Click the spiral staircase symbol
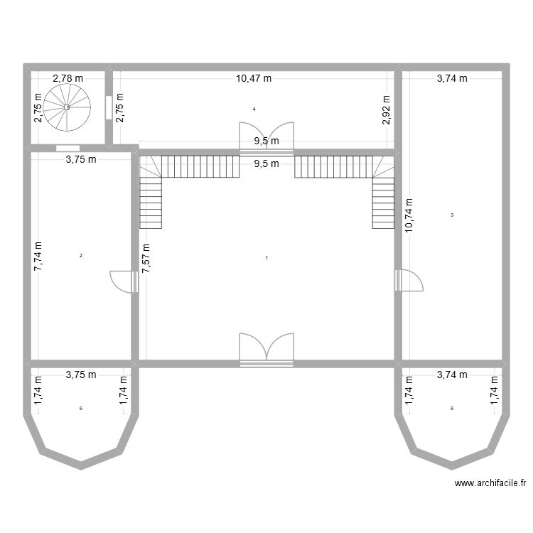coord(67,107)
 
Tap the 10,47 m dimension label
coord(254,79)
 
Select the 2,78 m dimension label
coord(68,79)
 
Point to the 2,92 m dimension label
coord(387,110)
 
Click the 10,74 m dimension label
coord(409,216)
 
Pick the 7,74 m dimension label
coord(38,255)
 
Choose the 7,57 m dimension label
coord(146,252)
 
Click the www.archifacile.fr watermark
coord(490,483)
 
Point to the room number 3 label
coord(453,215)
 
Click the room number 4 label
coord(254,109)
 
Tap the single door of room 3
coord(409,281)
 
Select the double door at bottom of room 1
coord(266,349)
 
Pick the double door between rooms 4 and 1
coord(266,137)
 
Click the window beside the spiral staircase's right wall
coord(108,107)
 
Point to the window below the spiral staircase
coord(68,149)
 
